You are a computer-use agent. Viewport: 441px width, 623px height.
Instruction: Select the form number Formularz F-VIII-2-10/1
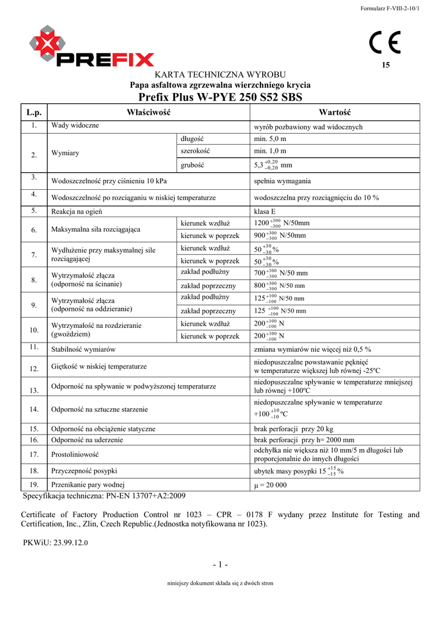pos(390,8)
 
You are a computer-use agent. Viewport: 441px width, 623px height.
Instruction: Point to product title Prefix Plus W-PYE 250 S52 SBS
pos(220,97)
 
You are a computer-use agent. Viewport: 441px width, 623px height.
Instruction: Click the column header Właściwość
pos(148,113)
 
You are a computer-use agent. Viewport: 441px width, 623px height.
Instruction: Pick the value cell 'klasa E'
pos(265,212)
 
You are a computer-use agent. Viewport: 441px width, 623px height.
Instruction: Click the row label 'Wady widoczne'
pos(75,125)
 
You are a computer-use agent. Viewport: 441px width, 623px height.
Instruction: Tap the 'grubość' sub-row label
pos(192,164)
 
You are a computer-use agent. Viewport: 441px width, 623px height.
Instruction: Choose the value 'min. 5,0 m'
pos(269,139)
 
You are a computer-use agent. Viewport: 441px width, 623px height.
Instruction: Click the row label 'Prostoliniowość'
pos(75,454)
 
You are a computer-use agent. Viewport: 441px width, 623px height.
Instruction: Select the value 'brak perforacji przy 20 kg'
pos(294,429)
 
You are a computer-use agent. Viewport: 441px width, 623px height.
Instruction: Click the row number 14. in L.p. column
pos(34,409)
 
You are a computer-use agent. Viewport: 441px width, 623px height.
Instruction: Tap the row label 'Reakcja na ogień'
pos(77,212)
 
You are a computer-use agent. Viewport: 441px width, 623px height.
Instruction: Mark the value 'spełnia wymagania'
pos(282,181)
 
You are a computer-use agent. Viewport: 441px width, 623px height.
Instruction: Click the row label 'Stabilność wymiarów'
pos(83,349)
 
